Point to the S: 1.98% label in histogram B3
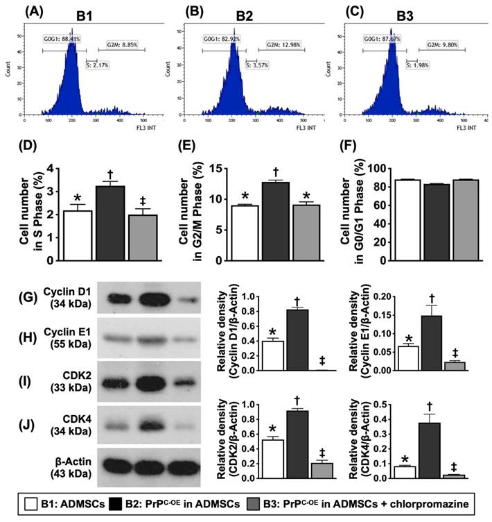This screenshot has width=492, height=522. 417,67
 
